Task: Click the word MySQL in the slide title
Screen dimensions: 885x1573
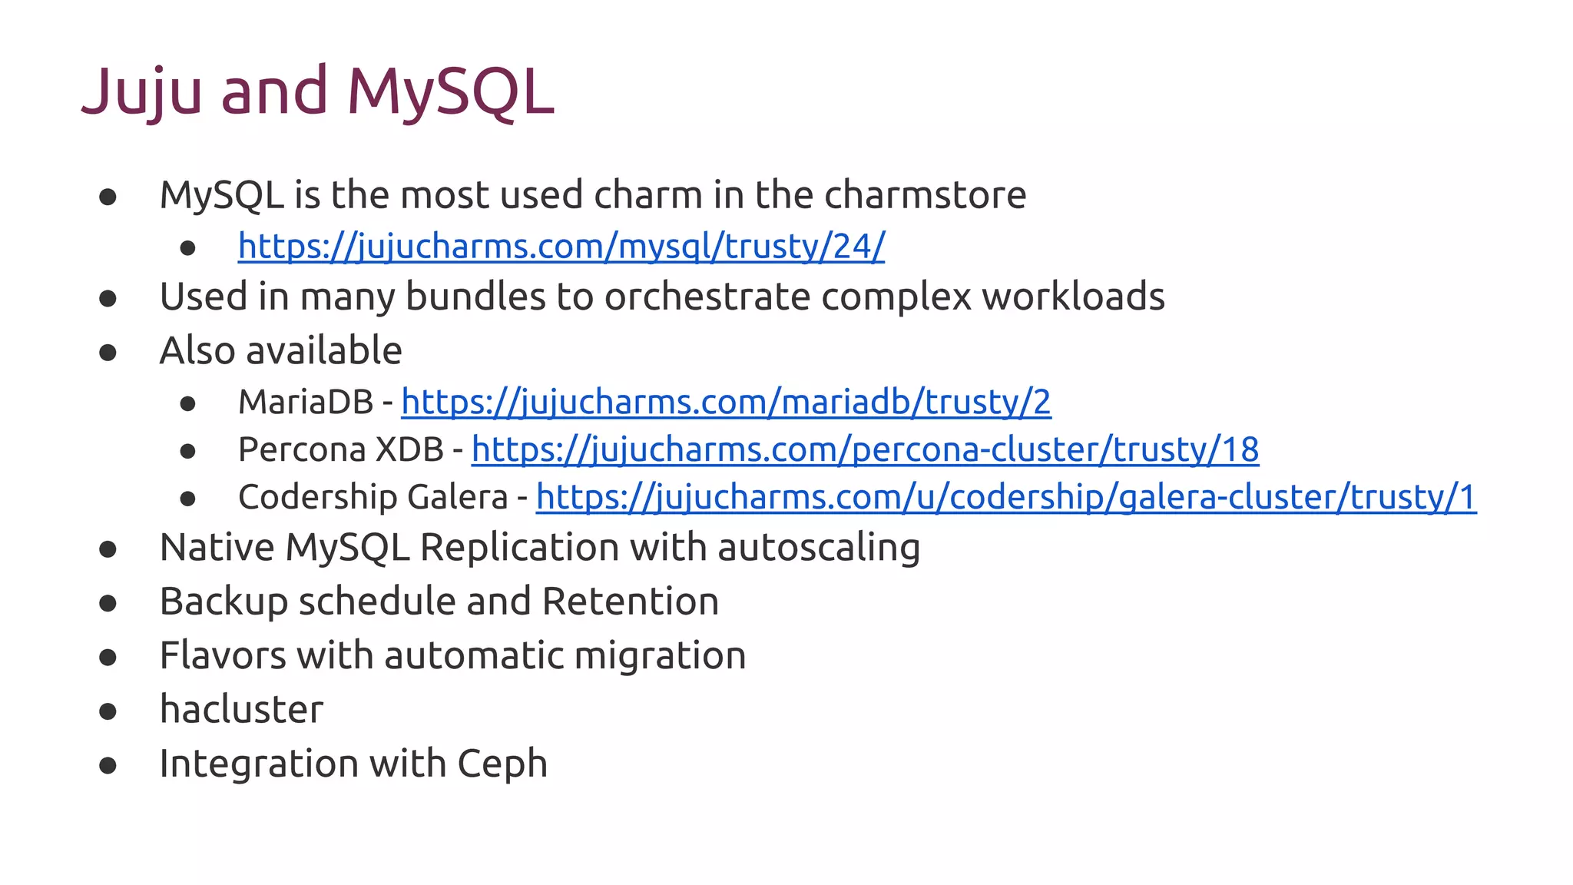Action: point(450,92)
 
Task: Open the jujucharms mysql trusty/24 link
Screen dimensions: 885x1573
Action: point(561,247)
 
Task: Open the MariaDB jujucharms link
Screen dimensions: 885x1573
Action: point(726,402)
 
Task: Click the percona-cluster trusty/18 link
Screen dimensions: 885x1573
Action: point(865,449)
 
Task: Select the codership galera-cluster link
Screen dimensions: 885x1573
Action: point(1005,497)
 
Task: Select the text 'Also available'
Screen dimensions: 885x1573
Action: point(280,350)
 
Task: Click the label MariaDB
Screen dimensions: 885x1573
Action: point(306,402)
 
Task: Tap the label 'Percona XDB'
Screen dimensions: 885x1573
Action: point(341,449)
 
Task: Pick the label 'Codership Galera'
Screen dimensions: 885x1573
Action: point(373,497)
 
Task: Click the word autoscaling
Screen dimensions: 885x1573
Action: point(819,548)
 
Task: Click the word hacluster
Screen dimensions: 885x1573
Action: point(241,709)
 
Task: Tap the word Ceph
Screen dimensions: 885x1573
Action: point(502,764)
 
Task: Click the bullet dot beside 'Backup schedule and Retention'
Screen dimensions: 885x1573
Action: point(108,603)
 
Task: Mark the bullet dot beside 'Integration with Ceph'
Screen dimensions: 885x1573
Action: point(108,765)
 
